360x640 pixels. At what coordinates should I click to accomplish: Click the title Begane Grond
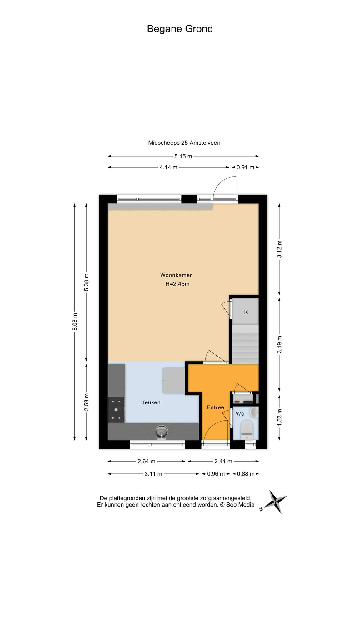(180, 29)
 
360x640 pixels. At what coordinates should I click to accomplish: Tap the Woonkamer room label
(176, 275)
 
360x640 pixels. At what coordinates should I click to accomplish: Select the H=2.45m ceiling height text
(177, 284)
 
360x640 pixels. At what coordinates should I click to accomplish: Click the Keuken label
(151, 402)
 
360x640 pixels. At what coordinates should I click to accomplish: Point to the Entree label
(215, 407)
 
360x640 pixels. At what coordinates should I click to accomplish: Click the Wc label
(240, 414)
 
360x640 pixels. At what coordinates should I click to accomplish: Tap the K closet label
(246, 312)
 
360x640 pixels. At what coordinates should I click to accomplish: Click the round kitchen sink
(162, 432)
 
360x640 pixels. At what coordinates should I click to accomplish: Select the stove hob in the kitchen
(116, 410)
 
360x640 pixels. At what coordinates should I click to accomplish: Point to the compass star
(275, 502)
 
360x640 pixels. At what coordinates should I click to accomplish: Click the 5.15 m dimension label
(183, 156)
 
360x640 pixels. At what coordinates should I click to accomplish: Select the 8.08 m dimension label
(75, 322)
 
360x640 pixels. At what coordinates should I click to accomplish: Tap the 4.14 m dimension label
(168, 167)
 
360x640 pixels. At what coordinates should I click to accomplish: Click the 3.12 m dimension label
(279, 249)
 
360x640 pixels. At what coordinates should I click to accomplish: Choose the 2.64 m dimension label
(147, 461)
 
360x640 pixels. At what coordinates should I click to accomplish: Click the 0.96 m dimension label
(216, 474)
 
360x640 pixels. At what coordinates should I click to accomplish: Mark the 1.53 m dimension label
(279, 416)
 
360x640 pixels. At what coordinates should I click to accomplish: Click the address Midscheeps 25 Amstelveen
(184, 143)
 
